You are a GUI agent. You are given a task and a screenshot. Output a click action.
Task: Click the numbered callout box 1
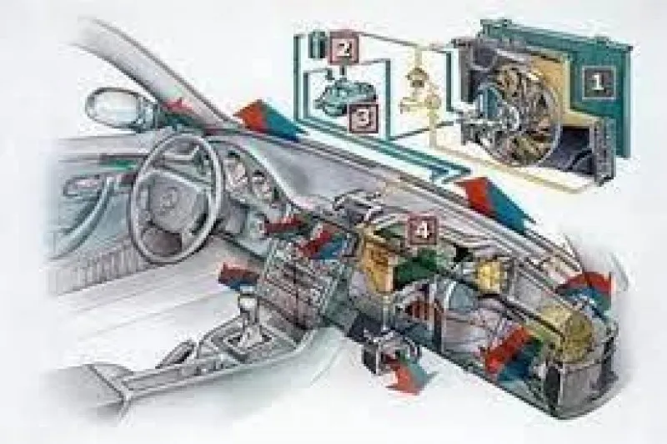[x=598, y=82]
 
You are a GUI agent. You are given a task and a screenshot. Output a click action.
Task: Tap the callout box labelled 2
[x=344, y=50]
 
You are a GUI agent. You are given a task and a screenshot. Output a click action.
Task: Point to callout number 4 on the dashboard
[x=422, y=230]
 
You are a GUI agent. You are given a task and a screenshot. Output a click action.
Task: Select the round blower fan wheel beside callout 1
[x=516, y=113]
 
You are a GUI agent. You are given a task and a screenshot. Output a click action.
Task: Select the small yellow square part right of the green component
[x=490, y=272]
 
